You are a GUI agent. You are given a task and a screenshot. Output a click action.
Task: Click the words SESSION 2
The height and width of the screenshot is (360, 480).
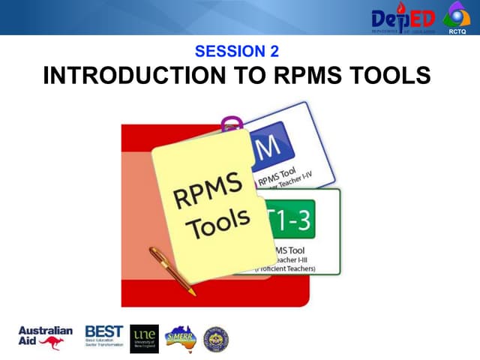point(236,52)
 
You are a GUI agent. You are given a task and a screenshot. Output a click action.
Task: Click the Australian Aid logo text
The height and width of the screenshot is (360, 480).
point(44,334)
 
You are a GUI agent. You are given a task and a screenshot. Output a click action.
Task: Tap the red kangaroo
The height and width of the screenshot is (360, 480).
point(52,343)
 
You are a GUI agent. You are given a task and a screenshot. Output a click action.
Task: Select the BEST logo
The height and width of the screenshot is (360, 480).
point(103,334)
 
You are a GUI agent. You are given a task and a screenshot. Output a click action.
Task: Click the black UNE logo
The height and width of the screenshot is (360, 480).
point(144,338)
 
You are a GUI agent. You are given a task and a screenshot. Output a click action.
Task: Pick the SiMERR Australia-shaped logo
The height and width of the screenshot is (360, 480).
point(181,338)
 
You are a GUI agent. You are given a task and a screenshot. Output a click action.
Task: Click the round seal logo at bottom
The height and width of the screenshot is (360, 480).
point(216,339)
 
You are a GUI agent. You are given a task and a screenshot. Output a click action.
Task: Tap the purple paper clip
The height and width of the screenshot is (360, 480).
point(232,124)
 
